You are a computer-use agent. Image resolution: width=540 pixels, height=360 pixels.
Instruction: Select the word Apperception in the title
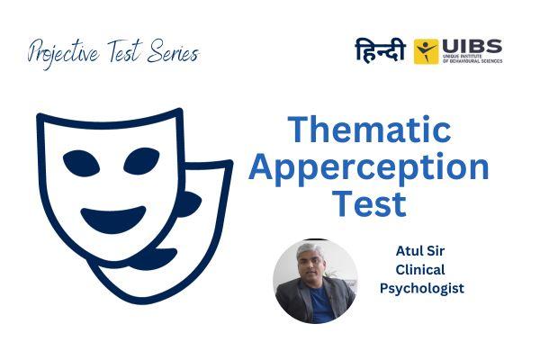[369, 168]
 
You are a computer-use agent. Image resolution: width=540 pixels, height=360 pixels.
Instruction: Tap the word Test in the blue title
[369, 204]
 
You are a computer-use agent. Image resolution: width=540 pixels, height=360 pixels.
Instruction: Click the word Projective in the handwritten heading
[64, 53]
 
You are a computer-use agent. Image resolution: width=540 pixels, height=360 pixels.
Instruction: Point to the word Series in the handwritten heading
[171, 52]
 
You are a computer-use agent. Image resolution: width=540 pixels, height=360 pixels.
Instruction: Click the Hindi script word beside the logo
[381, 50]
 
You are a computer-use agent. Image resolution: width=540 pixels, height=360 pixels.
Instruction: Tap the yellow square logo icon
[426, 51]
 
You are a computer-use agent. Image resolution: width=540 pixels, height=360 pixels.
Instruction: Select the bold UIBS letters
[472, 45]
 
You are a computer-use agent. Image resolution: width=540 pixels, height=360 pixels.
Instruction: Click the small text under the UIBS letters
[472, 59]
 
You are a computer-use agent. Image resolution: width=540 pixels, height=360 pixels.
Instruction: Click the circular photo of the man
[316, 280]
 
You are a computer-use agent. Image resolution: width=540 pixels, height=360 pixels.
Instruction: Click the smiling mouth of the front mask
[113, 217]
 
